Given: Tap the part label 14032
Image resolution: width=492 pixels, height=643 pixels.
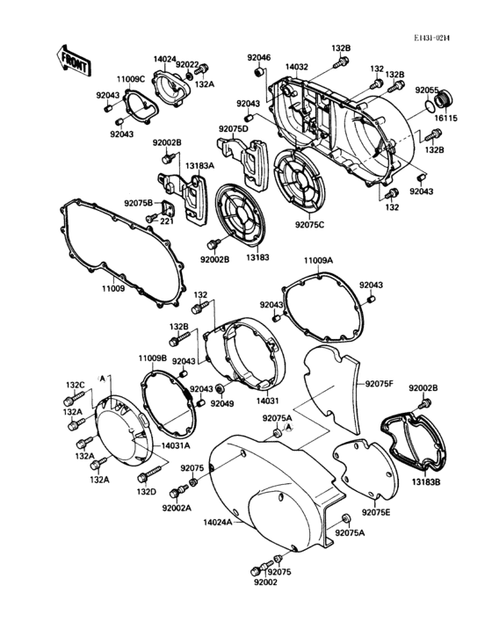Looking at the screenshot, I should (296, 67).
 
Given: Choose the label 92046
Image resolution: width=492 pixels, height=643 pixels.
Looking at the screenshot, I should (258, 58).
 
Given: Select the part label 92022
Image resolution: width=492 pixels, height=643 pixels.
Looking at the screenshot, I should (187, 64).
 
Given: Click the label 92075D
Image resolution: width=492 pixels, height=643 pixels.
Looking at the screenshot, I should (234, 130).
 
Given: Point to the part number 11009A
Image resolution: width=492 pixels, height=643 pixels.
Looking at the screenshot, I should (319, 261).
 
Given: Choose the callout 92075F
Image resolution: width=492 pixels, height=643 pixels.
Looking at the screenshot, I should (380, 385).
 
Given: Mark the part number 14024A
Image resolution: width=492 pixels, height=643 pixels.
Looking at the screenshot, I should (218, 523).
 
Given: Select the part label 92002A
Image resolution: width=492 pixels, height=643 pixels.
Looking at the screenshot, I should (176, 508).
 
